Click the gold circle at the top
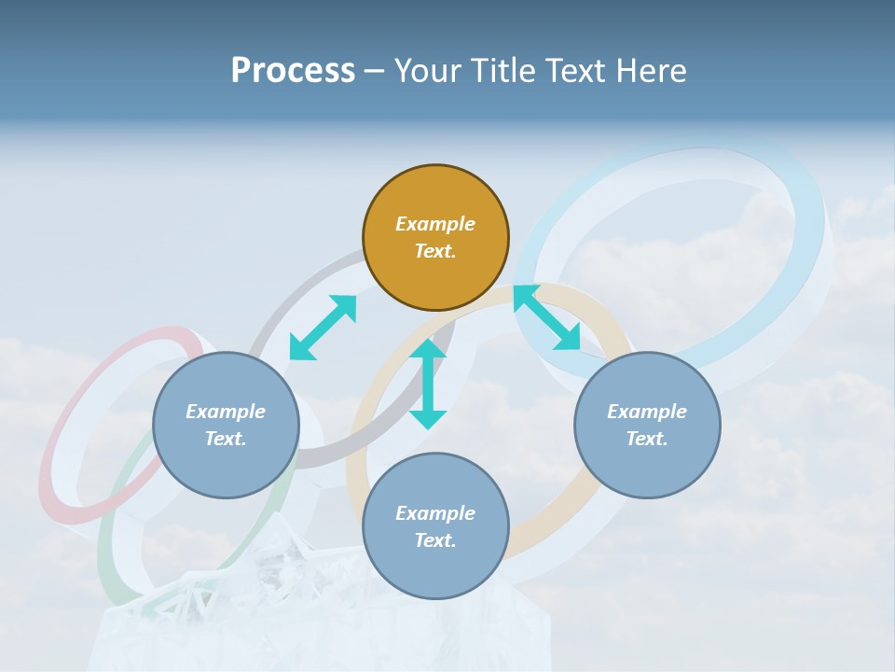click(435, 237)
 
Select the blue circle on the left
click(226, 425)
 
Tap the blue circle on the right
click(647, 425)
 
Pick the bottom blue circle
click(435, 525)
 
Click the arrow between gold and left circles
click(323, 327)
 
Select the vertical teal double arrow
click(428, 384)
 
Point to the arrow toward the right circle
click(547, 317)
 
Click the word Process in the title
click(293, 70)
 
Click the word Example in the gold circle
click(435, 224)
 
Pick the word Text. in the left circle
click(226, 439)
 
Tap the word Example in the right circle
click(647, 412)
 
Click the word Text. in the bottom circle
click(435, 540)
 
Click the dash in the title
click(374, 71)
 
